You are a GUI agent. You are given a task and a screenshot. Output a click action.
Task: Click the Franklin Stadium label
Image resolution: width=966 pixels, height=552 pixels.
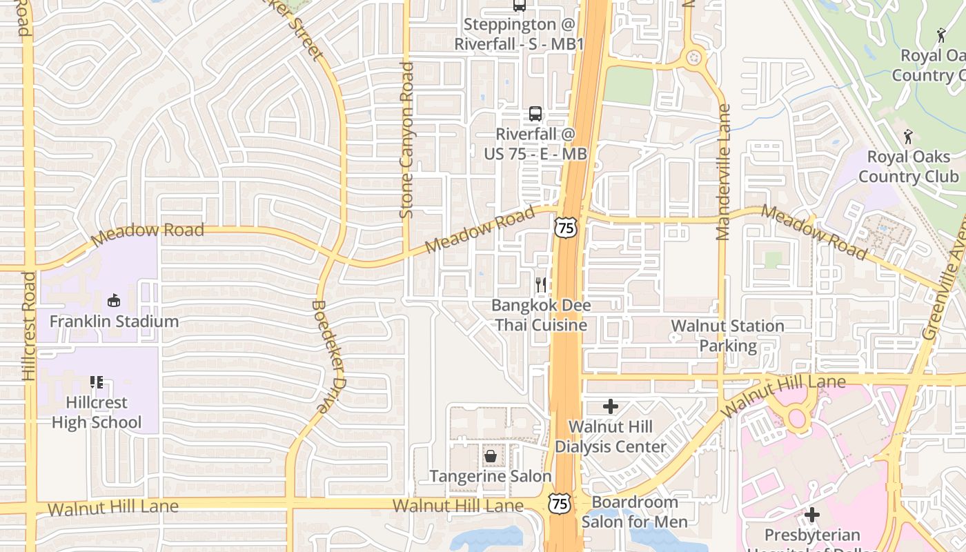[x=114, y=322]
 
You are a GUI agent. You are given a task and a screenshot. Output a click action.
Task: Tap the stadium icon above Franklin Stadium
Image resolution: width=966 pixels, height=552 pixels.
[x=114, y=300]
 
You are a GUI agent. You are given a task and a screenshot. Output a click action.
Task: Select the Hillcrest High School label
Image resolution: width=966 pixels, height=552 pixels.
[x=97, y=412]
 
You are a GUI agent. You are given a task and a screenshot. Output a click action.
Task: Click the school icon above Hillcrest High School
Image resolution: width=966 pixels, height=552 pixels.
[x=97, y=382]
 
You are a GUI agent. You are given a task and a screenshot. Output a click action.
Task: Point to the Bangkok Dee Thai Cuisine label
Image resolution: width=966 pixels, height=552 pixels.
[x=541, y=315]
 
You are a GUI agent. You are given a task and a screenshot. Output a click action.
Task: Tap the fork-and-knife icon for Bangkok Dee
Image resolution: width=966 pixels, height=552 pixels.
[x=541, y=284]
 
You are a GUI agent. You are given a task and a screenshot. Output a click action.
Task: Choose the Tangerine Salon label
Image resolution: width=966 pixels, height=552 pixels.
[x=491, y=476]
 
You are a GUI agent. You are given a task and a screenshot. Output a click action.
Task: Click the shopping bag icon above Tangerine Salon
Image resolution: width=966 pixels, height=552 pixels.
[x=491, y=456]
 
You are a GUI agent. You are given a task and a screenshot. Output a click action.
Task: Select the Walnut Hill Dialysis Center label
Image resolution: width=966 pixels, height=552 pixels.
[x=611, y=437]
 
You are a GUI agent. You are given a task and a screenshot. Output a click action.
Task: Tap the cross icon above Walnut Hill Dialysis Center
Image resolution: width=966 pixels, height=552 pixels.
[x=611, y=406]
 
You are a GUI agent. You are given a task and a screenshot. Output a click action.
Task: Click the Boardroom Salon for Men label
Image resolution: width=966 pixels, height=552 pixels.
[x=635, y=511]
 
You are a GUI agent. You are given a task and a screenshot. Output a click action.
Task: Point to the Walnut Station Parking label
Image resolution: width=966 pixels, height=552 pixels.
[x=728, y=335]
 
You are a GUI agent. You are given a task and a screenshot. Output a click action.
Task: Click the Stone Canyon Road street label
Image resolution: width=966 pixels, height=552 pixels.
[x=406, y=141]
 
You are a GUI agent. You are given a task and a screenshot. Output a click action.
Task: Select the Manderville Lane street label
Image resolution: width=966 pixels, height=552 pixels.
[x=723, y=172]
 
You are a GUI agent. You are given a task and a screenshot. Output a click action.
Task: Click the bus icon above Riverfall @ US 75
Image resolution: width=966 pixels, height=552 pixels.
[x=535, y=114]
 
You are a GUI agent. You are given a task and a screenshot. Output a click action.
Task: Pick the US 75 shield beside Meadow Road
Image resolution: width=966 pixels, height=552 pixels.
[x=566, y=227]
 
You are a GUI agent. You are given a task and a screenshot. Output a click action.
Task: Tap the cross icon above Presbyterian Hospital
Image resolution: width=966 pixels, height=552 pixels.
[x=812, y=515]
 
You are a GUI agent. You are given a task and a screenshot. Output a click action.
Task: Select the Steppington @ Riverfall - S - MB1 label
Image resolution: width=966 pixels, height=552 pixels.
[x=519, y=34]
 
